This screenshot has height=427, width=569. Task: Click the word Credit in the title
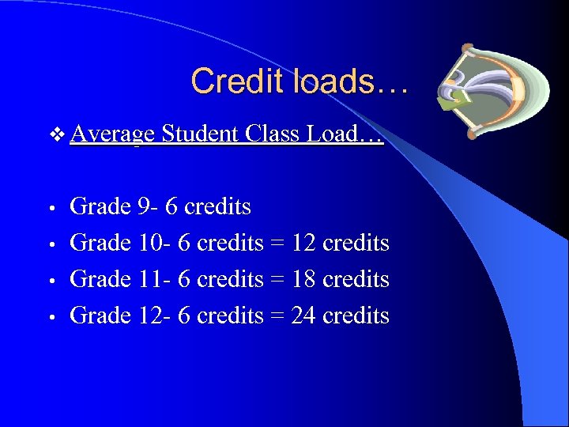point(230,81)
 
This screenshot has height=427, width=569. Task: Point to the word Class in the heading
point(273,134)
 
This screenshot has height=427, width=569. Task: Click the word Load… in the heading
point(345,134)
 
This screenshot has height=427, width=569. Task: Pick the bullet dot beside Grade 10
point(50,245)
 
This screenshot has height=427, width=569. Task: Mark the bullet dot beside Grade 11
point(50,282)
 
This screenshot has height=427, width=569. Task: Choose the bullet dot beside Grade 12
point(50,318)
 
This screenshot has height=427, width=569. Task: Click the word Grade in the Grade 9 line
point(100,207)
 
